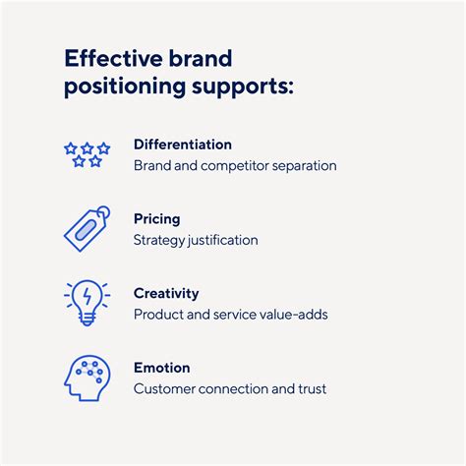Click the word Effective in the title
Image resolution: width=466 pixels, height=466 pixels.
(113, 58)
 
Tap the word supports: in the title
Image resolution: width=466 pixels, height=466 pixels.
(243, 87)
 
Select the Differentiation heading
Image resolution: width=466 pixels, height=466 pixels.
(183, 145)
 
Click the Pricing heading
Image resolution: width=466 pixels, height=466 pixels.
(157, 219)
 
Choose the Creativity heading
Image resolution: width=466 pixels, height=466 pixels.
(166, 294)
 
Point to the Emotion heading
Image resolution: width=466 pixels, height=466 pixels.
(162, 368)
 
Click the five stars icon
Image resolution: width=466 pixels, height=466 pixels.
(87, 154)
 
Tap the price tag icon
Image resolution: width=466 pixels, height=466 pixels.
(87, 229)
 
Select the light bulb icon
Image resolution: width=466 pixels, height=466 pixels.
(87, 303)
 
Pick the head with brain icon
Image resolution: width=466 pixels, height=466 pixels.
(87, 378)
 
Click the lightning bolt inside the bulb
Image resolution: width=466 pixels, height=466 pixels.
(87, 297)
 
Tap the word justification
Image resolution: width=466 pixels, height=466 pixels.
(223, 241)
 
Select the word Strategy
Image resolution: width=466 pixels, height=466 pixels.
(159, 241)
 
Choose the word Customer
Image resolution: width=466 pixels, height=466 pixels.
(164, 389)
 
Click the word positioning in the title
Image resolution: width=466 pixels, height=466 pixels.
(125, 87)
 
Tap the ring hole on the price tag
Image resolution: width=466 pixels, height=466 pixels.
(103, 211)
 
